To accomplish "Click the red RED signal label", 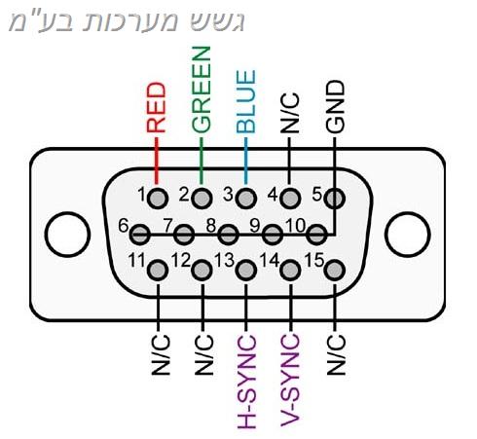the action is (157, 108).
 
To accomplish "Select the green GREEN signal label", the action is (202, 90).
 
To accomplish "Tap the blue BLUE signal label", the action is (245, 101).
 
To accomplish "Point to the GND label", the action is (335, 107).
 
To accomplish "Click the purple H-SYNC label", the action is (247, 382).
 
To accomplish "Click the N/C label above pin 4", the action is (290, 113).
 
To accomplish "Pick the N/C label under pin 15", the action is (336, 354).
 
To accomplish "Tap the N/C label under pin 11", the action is (161, 354).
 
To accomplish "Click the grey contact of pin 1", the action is (158, 198).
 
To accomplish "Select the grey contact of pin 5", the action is (335, 198).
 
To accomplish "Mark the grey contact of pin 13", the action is (246, 270).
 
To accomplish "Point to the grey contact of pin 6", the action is (140, 234).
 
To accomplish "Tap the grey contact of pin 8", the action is (228, 234).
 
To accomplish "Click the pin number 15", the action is (314, 260).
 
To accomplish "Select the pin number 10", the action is (296, 225).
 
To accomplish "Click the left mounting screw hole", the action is (67, 235).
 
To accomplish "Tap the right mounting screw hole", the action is (408, 235).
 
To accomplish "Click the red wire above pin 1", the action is (157, 161).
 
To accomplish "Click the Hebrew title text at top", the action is (127, 21).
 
